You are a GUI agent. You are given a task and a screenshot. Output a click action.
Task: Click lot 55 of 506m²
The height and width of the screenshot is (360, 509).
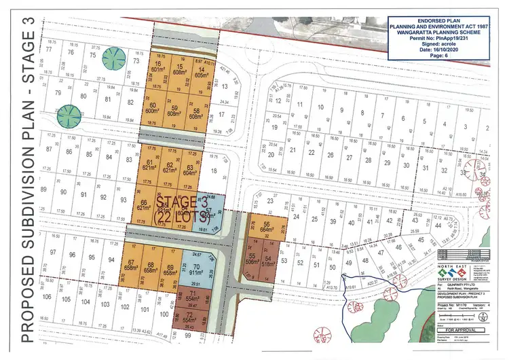point(254,259)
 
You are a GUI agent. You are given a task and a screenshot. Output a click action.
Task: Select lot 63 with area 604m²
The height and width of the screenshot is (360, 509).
point(195,167)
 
